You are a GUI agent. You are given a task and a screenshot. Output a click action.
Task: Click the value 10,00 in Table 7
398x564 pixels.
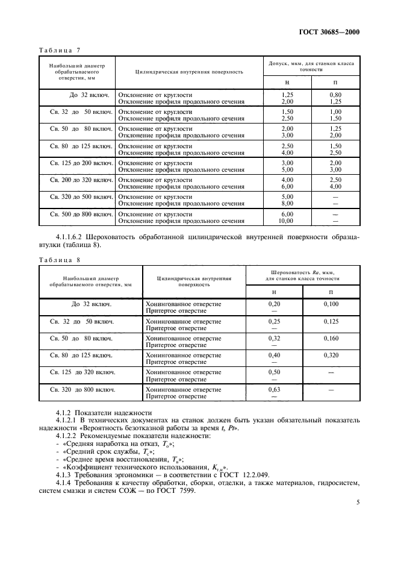click(287, 220)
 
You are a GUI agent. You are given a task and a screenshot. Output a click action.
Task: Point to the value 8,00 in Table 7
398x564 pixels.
click(287, 203)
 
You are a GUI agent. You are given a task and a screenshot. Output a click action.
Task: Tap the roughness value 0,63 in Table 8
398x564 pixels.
click(274, 390)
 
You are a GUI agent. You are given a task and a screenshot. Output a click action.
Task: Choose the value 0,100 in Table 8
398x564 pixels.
click(331, 304)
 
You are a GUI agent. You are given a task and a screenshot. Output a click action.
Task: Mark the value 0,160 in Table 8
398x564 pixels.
click(331, 338)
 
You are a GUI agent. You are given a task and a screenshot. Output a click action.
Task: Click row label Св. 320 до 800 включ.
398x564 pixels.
click(83, 390)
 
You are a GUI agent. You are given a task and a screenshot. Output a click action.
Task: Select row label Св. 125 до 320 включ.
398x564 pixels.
click(83, 372)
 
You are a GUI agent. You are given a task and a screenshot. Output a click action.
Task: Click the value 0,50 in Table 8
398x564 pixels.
click(274, 372)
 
